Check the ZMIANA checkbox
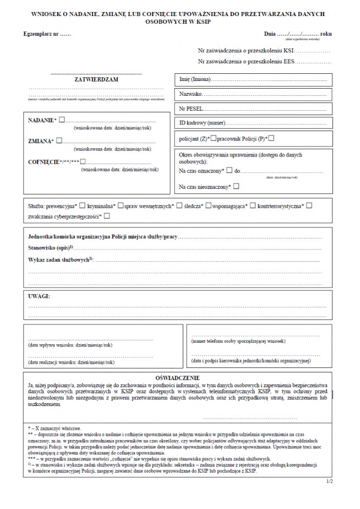59,140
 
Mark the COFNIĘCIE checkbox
83,161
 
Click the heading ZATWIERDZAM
96,80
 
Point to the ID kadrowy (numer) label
202,122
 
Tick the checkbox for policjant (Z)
214,138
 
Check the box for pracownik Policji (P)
272,138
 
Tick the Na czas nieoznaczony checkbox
236,187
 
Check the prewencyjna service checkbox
83,205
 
